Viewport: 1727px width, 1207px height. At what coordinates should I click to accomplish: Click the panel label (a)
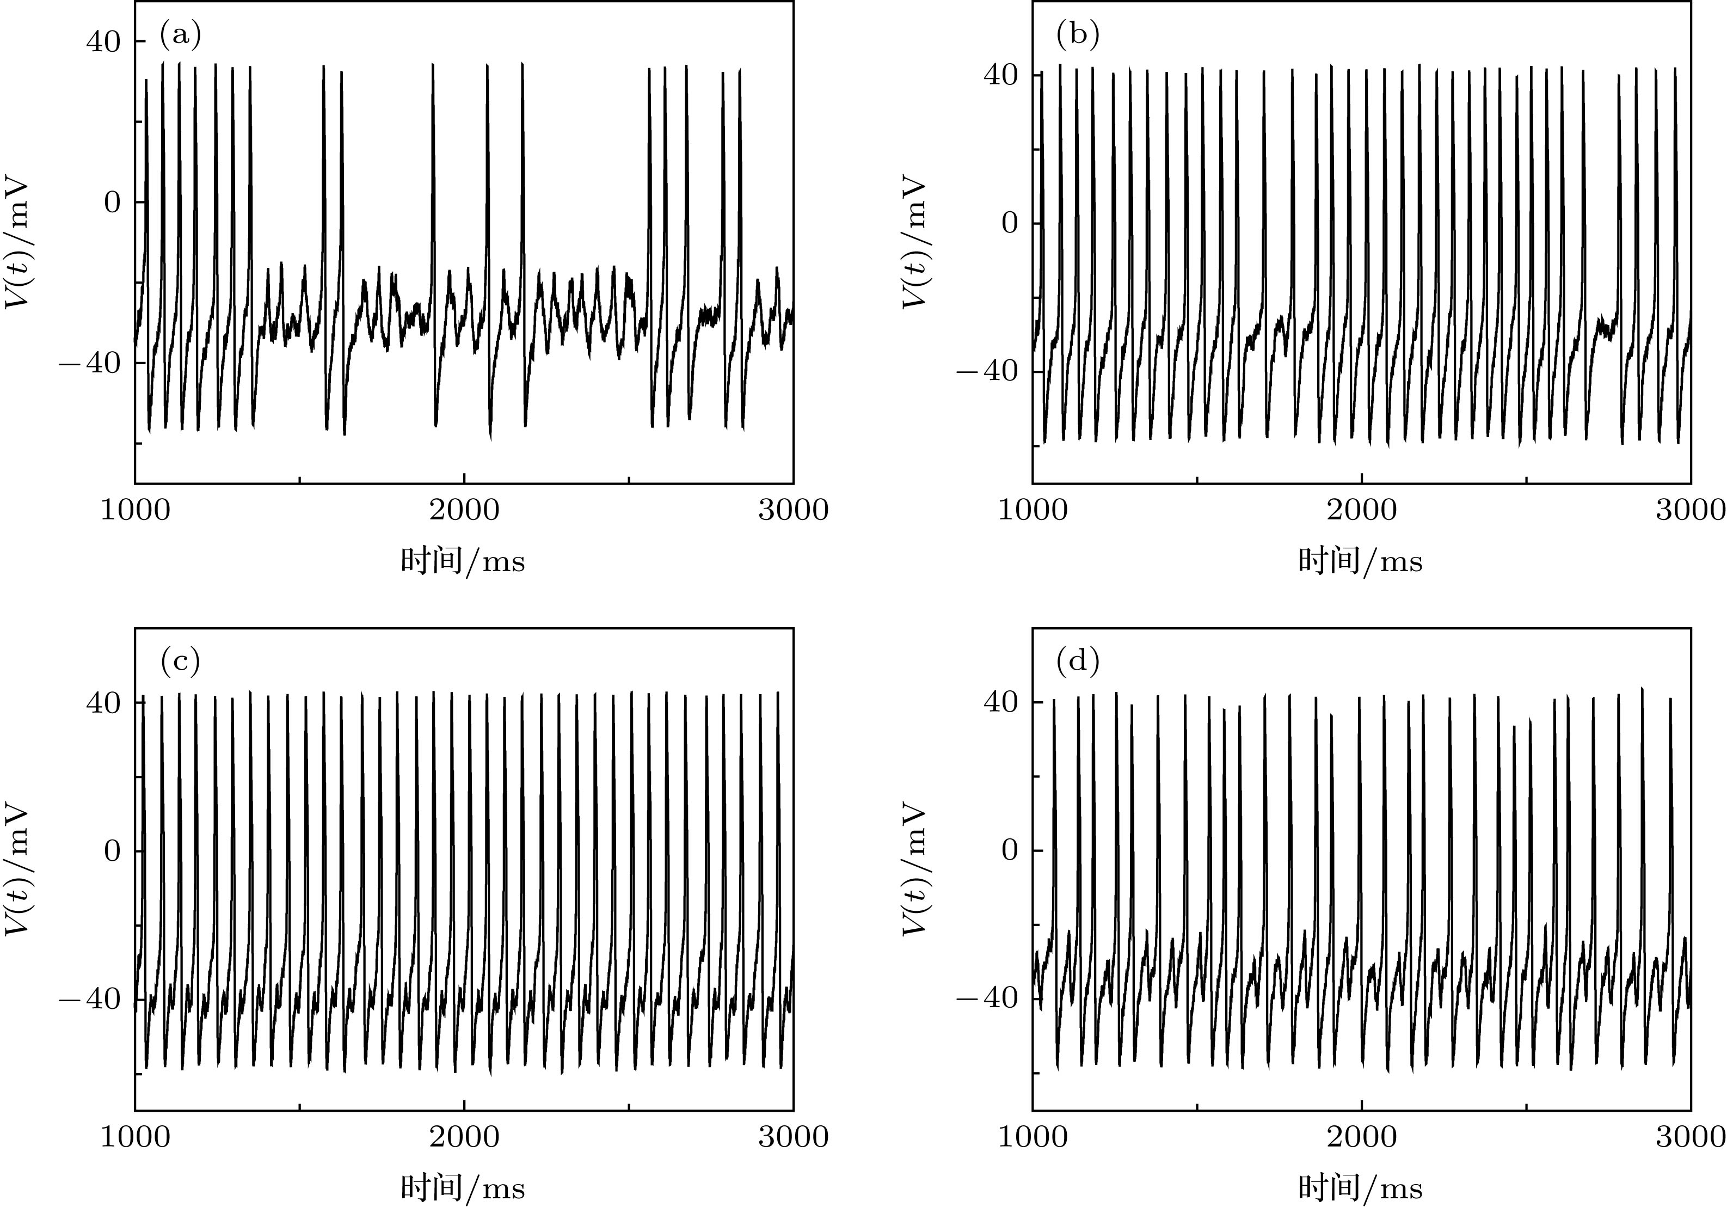(x=181, y=35)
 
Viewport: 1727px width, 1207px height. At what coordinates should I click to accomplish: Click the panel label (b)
(x=1078, y=35)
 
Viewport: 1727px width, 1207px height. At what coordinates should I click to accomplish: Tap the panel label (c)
(x=181, y=661)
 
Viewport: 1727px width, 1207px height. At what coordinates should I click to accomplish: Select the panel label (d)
(x=1078, y=661)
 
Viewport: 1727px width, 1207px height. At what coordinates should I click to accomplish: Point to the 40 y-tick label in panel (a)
(x=103, y=41)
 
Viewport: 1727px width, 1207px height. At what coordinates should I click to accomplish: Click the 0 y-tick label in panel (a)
(x=112, y=203)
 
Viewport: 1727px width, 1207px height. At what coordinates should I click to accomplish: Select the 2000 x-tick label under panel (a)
(x=464, y=511)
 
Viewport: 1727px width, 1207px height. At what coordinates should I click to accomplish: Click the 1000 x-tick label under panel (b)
(x=1032, y=511)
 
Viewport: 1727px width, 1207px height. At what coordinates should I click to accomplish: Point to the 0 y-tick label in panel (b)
(x=1010, y=224)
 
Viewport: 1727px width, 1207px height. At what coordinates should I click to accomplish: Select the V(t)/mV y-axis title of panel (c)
(x=16, y=870)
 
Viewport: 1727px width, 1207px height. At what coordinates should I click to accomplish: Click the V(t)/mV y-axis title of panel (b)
(x=913, y=242)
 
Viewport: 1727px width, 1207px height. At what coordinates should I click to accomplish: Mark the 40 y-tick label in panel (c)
(x=103, y=703)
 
